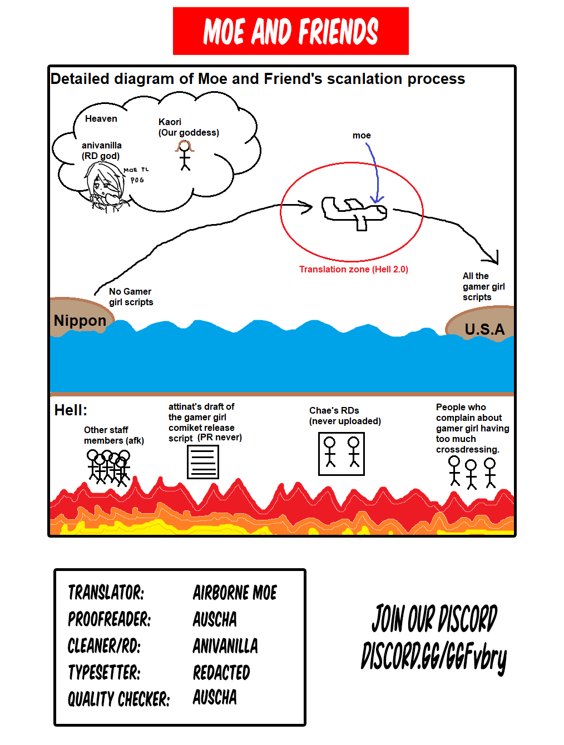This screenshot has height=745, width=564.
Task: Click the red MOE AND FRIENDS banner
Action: point(290,31)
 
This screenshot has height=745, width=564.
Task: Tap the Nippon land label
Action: point(80,321)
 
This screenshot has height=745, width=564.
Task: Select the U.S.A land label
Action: point(484,329)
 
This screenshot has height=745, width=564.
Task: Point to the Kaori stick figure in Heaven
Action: point(184,155)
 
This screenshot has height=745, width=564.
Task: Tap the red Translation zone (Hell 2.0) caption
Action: point(354,269)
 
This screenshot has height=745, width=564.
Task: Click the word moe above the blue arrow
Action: point(362,135)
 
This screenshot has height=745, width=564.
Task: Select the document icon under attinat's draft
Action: point(203,461)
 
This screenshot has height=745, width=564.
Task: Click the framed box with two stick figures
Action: point(342,454)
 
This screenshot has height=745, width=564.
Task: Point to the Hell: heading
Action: point(71,410)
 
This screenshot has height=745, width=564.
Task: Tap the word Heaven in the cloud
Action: point(101,118)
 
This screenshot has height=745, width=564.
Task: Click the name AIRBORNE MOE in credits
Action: point(235,593)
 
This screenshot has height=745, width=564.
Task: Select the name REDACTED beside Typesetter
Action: point(221,673)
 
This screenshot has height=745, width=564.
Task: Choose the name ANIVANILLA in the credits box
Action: point(225,646)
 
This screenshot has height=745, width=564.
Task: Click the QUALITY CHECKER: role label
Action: point(118,699)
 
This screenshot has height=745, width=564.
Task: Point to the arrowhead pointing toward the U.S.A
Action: point(493,258)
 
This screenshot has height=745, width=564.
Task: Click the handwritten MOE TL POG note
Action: point(136,175)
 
